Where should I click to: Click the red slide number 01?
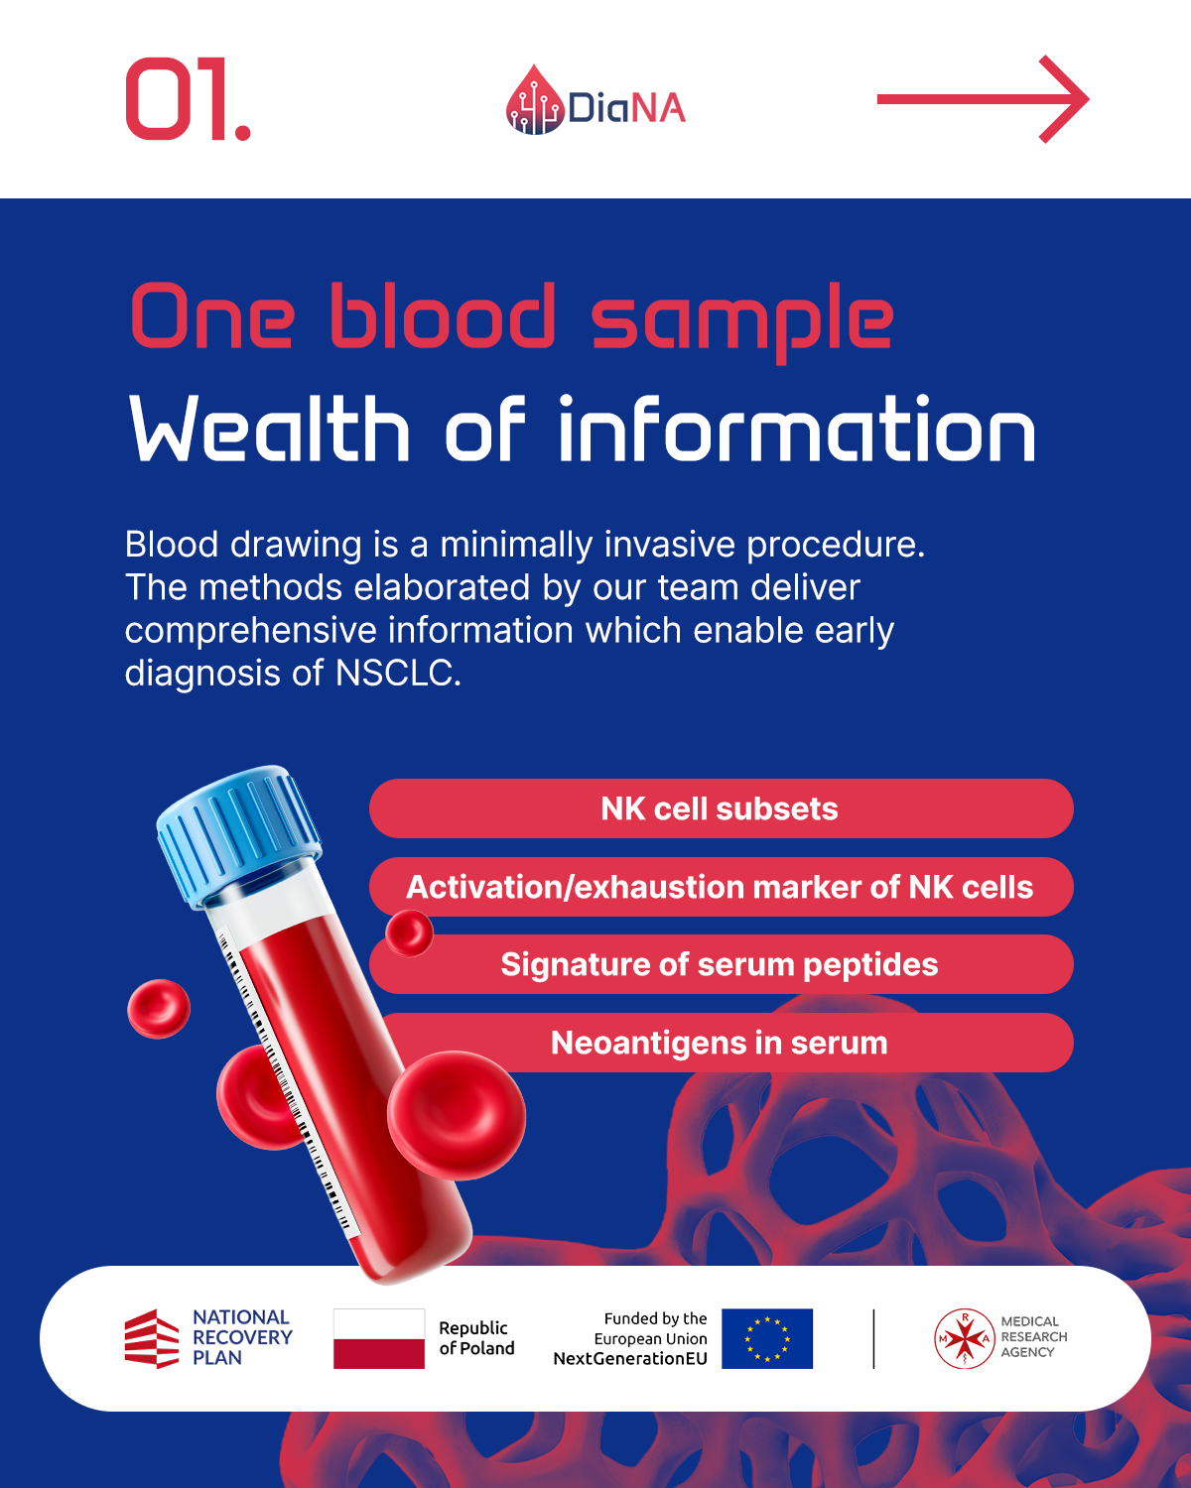pos(188,99)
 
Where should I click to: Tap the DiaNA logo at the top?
pos(595,101)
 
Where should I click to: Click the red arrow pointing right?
pos(983,99)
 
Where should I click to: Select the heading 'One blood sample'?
pos(512,319)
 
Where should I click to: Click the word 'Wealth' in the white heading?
pos(270,429)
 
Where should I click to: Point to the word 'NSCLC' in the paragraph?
pos(398,673)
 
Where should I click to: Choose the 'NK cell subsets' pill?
pos(722,808)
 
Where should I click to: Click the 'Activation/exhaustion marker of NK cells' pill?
pos(722,887)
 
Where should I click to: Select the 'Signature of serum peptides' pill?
pos(722,964)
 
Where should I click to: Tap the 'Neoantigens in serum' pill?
pos(722,1043)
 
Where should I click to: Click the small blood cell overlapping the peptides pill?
pos(409,932)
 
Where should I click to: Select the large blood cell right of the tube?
pos(457,1115)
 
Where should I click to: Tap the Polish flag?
pos(378,1338)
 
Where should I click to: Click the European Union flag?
pos(767,1338)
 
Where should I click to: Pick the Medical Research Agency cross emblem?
pos(964,1338)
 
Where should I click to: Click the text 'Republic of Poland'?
pos(476,1338)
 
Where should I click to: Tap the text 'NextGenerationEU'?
pos(630,1359)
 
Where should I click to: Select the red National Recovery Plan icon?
pos(152,1338)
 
